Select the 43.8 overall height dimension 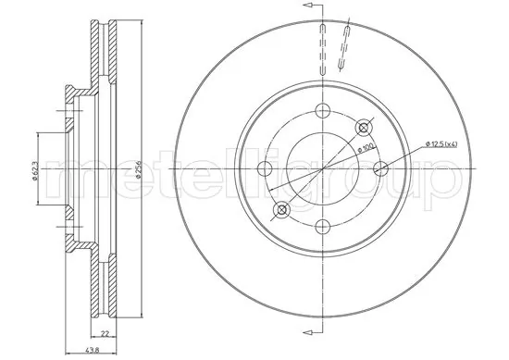pos(93,350)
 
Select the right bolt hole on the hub pos(379,168)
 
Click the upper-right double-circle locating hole pos(362,128)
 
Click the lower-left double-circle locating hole pos(281,210)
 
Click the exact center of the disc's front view pos(321,168)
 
